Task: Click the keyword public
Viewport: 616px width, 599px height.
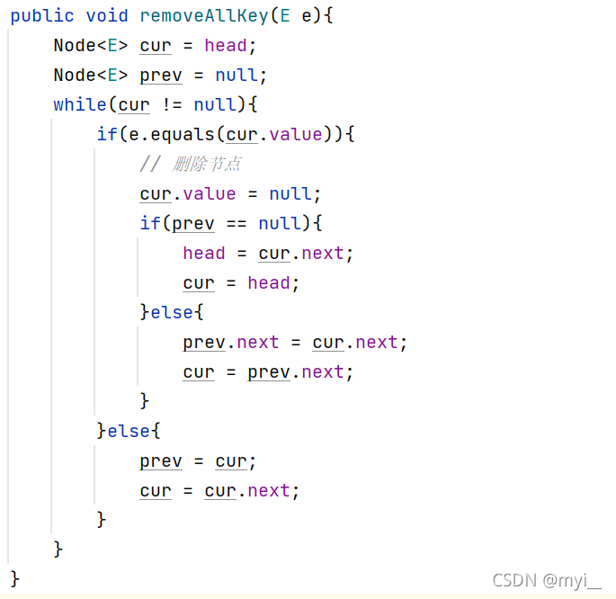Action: pos(37,16)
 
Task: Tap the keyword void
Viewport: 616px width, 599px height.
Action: pos(107,16)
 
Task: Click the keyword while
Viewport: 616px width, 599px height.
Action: pos(79,105)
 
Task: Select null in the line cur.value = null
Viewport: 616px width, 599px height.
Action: pos(290,194)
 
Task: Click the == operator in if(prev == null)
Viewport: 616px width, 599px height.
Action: pos(237,224)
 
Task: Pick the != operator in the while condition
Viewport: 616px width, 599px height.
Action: pos(172,105)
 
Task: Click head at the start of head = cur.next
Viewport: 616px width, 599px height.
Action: pos(204,254)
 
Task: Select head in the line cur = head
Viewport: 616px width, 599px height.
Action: pos(269,283)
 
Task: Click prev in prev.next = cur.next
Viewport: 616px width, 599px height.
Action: pos(204,343)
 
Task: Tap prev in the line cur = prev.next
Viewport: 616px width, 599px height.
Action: pos(269,372)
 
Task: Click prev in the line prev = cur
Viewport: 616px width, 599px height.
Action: pos(161,461)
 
